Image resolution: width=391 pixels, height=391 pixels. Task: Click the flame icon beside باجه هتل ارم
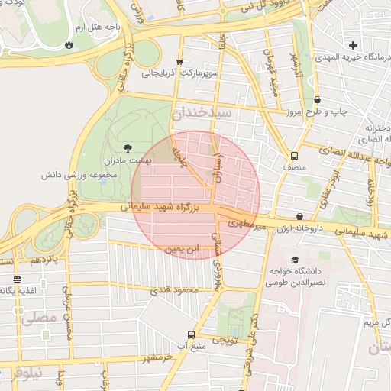(70, 44)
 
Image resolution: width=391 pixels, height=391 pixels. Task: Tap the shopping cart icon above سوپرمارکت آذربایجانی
(179, 63)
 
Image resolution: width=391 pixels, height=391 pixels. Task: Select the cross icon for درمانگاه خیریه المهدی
(353, 45)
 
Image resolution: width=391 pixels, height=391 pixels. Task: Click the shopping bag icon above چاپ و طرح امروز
(317, 99)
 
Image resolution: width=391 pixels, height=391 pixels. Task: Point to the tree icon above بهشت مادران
(128, 147)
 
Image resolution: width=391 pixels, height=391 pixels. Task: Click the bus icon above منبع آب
(191, 334)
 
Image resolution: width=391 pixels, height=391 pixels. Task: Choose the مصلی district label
(38, 315)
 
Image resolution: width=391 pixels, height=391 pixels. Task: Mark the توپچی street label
(228, 340)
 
